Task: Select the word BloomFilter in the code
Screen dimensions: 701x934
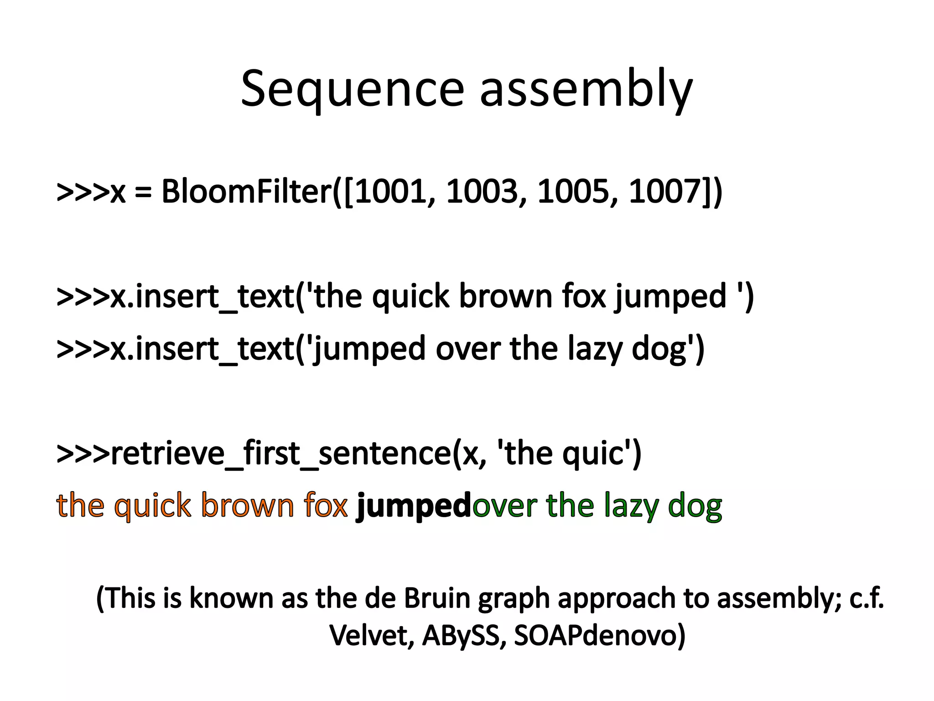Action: click(x=246, y=192)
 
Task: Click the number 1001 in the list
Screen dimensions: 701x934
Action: click(x=390, y=192)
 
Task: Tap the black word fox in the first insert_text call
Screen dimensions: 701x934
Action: click(x=584, y=297)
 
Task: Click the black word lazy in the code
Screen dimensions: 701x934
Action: click(x=595, y=349)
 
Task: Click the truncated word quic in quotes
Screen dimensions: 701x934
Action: click(x=592, y=454)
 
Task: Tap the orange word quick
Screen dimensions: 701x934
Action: click(x=152, y=507)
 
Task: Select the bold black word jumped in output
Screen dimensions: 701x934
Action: click(x=413, y=507)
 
